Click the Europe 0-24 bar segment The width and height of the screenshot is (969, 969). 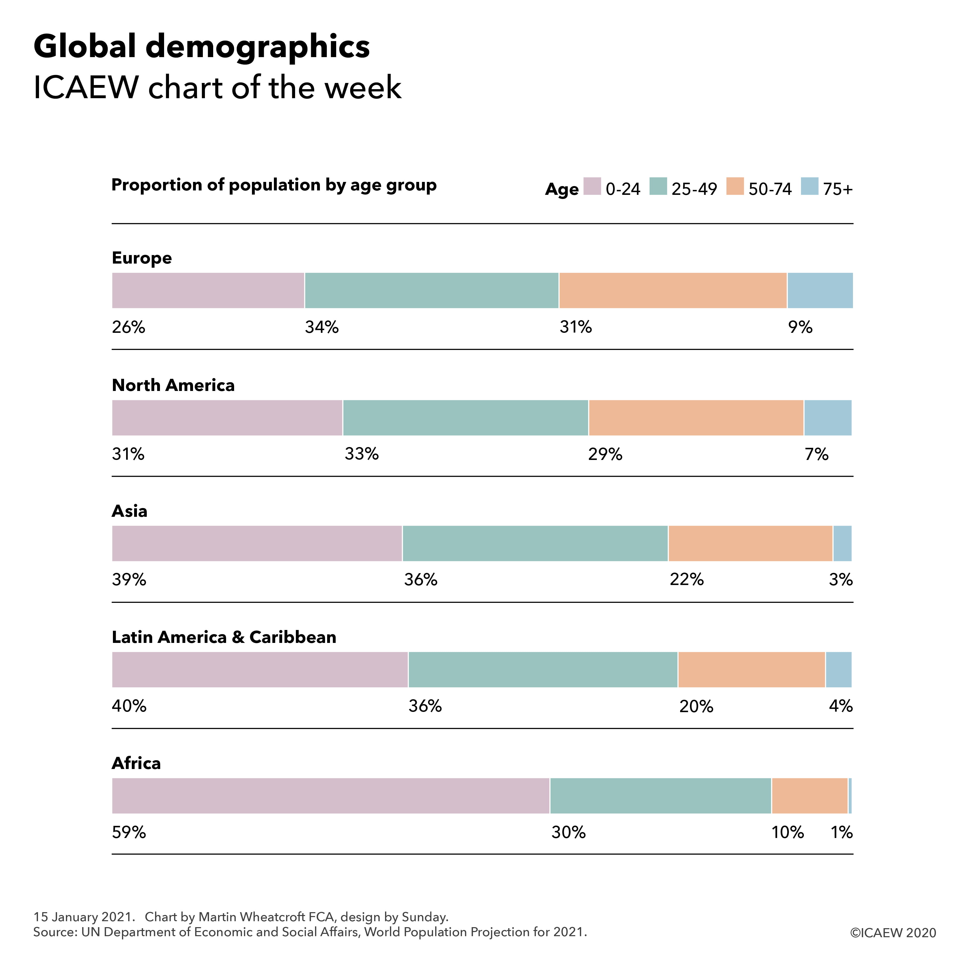click(x=208, y=290)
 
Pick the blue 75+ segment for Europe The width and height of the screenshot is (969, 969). click(x=820, y=290)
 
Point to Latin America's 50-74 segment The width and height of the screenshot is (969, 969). click(x=751, y=670)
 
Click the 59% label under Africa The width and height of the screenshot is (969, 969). click(x=129, y=833)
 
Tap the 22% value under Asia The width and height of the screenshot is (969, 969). click(x=687, y=580)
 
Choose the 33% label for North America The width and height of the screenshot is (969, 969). click(x=362, y=455)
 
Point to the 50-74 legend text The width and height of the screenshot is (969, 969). click(x=770, y=189)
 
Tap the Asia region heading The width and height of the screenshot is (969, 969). click(x=129, y=511)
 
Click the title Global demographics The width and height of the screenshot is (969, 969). click(x=202, y=47)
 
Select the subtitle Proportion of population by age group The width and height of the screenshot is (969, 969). click(x=274, y=185)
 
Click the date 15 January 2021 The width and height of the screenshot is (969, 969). click(x=84, y=917)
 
